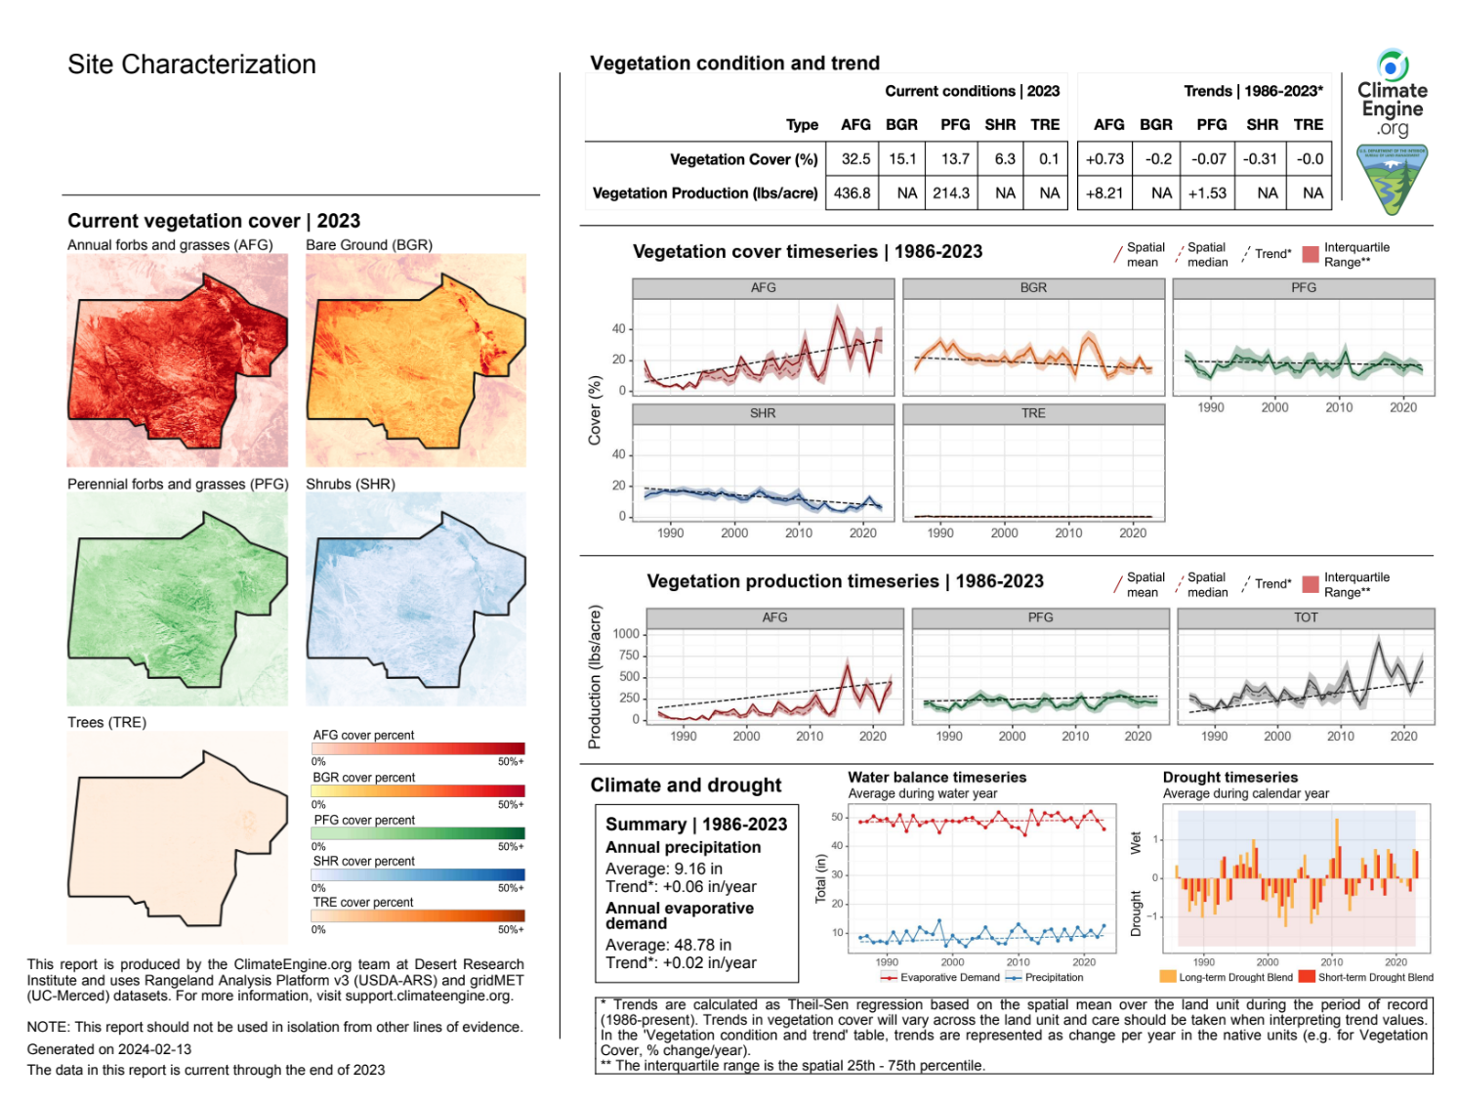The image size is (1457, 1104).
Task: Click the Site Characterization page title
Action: point(191,64)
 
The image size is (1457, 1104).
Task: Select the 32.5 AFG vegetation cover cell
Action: point(855,159)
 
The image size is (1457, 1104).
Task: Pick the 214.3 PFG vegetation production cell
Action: point(950,193)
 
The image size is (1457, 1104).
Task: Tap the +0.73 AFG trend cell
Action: point(1104,159)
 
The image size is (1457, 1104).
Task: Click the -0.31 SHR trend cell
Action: point(1260,159)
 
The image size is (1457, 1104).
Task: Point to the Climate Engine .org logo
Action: point(1393,94)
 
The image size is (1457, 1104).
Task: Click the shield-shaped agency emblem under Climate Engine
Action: point(1392,180)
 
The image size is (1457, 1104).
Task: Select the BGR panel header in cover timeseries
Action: point(1033,288)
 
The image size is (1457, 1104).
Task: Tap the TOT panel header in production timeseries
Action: point(1306,617)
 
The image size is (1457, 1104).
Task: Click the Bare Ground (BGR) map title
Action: point(369,245)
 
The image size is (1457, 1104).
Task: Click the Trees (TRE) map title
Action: point(106,723)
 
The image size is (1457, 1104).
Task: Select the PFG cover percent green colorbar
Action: point(418,833)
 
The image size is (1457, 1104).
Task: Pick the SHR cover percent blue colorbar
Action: point(418,875)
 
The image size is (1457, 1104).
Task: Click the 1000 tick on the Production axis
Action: point(626,634)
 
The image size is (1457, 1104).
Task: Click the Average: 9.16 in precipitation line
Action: point(664,869)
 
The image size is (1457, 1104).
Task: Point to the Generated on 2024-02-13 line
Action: point(109,1049)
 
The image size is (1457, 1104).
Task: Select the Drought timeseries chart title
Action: point(1229,778)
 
